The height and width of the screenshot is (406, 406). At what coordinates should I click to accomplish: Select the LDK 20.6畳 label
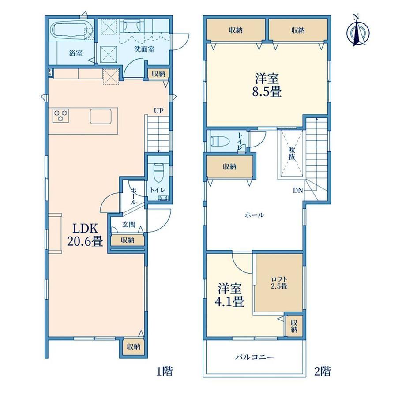coord(85,235)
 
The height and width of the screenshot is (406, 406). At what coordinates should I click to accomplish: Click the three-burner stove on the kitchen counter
coord(61,115)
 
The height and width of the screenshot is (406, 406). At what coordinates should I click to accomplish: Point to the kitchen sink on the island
coord(101,116)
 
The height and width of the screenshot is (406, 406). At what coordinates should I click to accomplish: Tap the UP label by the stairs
coord(158,111)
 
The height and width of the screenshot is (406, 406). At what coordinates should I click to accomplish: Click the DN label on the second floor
coord(298,190)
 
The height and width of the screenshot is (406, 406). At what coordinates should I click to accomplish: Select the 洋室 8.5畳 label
coord(267,85)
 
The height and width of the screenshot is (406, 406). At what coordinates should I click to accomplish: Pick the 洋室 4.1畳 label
coord(229,295)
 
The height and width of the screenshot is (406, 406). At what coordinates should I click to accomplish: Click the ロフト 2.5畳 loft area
coord(279,283)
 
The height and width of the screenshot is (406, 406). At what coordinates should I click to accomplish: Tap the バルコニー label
coord(255,357)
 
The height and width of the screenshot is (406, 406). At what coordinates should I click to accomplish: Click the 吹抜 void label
coord(292,153)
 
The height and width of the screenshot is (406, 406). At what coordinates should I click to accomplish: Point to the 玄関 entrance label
coord(129,224)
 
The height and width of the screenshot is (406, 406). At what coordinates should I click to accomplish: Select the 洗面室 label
coord(144,49)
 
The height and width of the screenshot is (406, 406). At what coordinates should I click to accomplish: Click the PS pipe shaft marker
coord(50,73)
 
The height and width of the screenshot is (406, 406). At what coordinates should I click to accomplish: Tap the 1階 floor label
coord(165,372)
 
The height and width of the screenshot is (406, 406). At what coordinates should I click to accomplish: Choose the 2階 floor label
coord(322,372)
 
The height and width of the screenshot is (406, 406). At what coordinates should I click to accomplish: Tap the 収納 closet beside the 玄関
coord(128,240)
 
